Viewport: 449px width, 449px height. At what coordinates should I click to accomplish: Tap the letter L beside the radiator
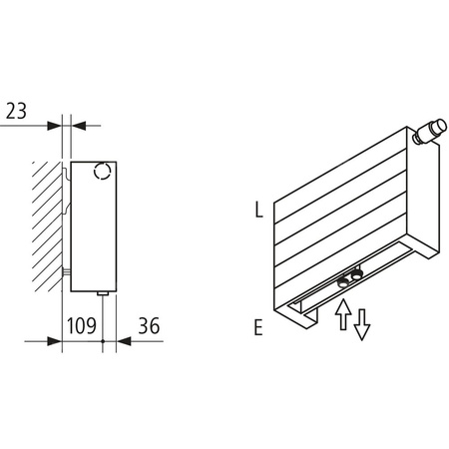(258, 210)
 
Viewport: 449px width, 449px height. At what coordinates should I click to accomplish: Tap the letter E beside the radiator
(258, 326)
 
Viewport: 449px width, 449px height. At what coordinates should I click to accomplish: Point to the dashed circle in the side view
(101, 173)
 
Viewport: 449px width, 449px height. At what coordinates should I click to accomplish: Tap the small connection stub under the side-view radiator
(104, 292)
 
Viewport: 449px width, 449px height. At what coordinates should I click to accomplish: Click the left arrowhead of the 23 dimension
(55, 126)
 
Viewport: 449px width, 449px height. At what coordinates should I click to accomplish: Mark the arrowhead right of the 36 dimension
(123, 340)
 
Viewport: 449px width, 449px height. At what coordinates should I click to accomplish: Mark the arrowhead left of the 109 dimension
(56, 340)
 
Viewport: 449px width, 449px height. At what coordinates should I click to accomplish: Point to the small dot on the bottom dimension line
(104, 340)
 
